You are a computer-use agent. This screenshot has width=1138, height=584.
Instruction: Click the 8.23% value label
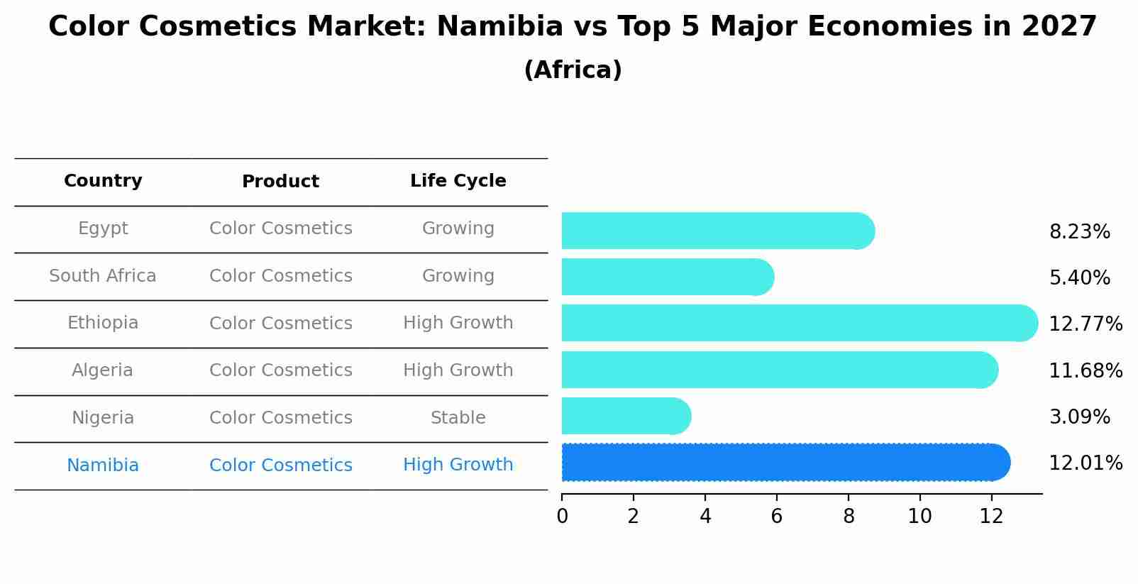(1079, 232)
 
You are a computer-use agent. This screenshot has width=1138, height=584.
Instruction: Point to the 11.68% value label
(1085, 370)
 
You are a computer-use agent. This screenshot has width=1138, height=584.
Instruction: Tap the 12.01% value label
(1085, 463)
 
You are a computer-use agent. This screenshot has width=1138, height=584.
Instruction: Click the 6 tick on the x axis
(776, 517)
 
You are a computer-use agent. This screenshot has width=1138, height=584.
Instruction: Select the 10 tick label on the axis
(919, 517)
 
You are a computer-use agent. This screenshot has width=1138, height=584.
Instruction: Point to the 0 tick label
(562, 517)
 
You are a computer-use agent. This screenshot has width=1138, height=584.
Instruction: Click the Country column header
(103, 181)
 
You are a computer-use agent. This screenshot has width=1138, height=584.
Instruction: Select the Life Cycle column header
(458, 181)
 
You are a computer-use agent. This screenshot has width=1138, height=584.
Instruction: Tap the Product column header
(280, 182)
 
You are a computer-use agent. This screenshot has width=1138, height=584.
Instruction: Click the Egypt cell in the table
(103, 228)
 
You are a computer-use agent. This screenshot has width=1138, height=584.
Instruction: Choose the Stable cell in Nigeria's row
(458, 418)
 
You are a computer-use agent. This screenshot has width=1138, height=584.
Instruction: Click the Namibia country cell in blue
(103, 465)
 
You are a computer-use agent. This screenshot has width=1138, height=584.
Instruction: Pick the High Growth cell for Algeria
(458, 370)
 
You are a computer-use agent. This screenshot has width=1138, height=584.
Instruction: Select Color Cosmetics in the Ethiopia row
(280, 324)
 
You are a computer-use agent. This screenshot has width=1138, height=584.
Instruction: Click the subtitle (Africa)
(573, 70)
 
